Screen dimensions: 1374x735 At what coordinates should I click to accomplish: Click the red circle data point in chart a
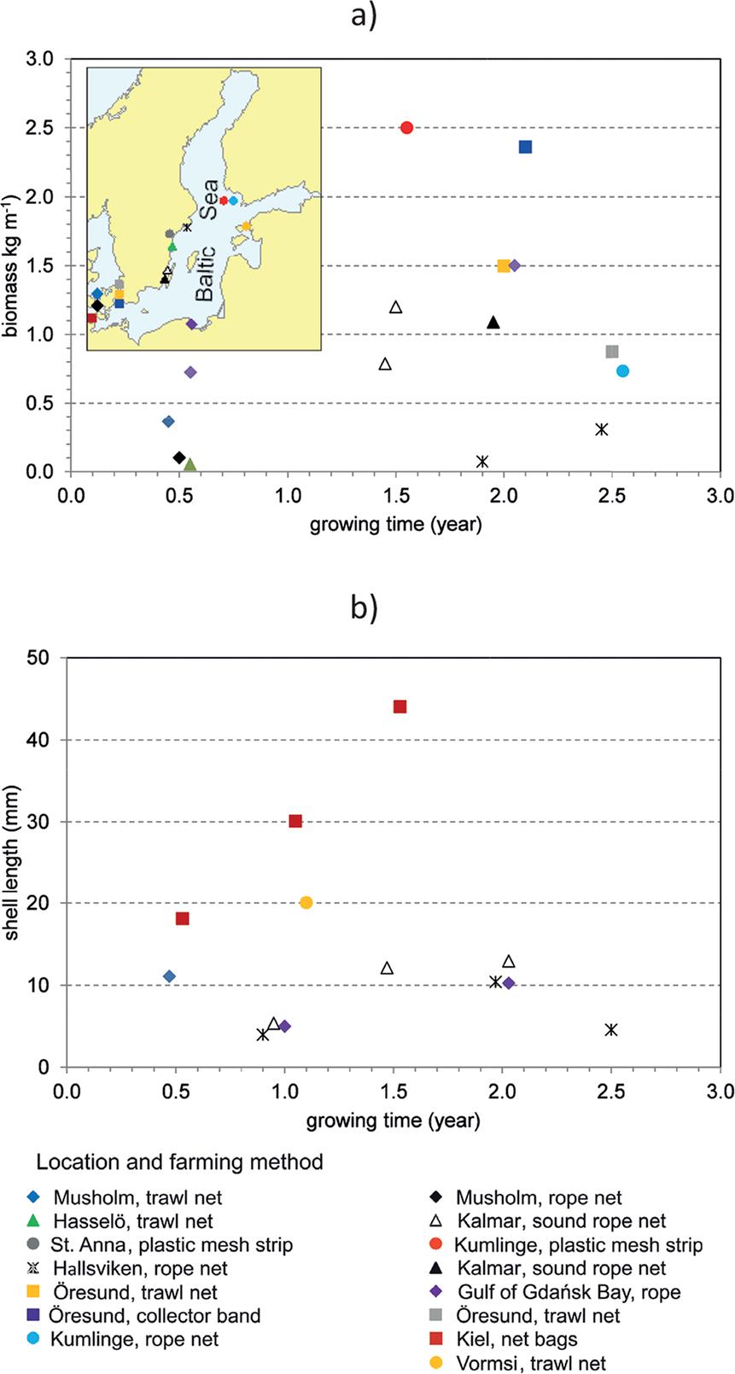[406, 128]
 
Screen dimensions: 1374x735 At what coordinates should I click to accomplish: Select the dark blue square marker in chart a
[526, 147]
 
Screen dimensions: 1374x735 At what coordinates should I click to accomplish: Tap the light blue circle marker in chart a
[622, 370]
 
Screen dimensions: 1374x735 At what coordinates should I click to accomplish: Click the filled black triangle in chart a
[493, 323]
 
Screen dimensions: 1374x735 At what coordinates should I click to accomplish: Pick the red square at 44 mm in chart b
[400, 707]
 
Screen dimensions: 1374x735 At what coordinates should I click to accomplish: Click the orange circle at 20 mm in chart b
[306, 903]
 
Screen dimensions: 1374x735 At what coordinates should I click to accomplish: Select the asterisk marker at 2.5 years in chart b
[610, 1030]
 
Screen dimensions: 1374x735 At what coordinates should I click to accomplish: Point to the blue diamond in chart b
[169, 976]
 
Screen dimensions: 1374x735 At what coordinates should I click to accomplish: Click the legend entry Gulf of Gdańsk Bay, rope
[569, 1292]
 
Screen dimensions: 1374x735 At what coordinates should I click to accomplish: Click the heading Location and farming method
[179, 1161]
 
